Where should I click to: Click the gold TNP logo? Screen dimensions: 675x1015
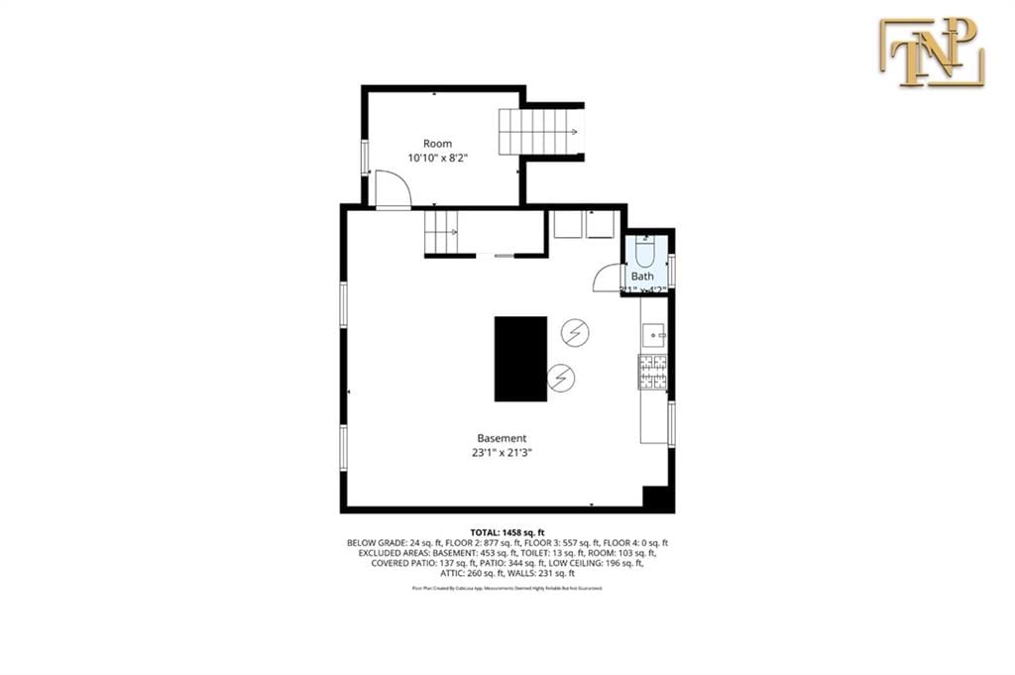coord(931,52)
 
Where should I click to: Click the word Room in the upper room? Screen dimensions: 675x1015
coord(437,144)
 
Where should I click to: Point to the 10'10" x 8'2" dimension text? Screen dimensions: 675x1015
coord(437,158)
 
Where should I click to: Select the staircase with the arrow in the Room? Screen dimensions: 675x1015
coord(539,131)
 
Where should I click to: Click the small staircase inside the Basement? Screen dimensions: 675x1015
coord(443,234)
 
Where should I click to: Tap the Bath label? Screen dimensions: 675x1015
coord(643,277)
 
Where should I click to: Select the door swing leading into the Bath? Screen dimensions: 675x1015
coord(606,279)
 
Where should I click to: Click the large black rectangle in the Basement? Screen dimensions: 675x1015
coord(520,359)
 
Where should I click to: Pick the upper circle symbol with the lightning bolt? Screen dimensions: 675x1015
coord(574,333)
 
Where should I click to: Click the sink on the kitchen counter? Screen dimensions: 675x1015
coord(652,337)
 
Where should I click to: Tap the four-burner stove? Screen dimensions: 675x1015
coord(652,373)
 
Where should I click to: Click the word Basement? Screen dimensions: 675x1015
coord(502,438)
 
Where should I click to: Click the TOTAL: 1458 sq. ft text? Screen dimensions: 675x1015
coord(507,532)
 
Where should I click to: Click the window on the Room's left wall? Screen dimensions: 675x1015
coord(365,158)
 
